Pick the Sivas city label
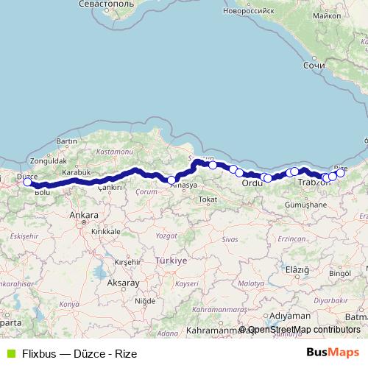click(230, 240)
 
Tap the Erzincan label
click(292, 240)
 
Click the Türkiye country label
click(171, 261)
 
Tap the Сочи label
click(314, 65)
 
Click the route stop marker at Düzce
click(28, 183)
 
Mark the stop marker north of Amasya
click(171, 180)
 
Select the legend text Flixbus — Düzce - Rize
click(79, 353)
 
